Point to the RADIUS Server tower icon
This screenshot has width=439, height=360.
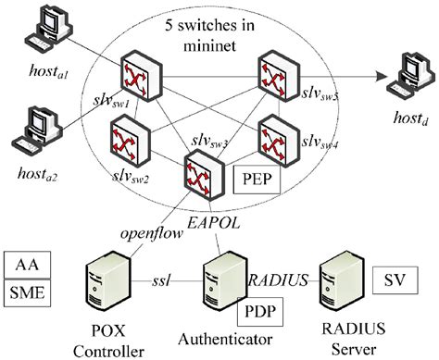pyautogui.click(x=341, y=282)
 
